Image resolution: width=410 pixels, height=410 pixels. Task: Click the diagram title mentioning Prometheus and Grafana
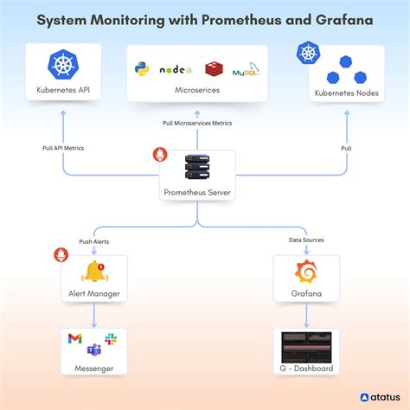pyautogui.click(x=205, y=19)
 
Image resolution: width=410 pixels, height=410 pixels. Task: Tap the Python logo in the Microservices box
pyautogui.click(x=142, y=68)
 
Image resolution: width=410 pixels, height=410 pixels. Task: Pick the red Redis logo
pyautogui.click(x=214, y=68)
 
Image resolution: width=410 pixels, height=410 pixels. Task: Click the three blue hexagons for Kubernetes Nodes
pyautogui.click(x=345, y=68)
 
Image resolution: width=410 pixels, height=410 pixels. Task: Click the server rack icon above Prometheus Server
pyautogui.click(x=198, y=167)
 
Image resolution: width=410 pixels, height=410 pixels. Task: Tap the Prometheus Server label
pyautogui.click(x=198, y=192)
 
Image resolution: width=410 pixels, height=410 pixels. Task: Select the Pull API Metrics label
pyautogui.click(x=63, y=148)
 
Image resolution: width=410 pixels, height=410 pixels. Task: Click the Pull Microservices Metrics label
pyautogui.click(x=198, y=124)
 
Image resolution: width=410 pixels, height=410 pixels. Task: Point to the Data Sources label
pyautogui.click(x=306, y=240)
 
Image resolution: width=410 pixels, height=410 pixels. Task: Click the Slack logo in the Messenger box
pyautogui.click(x=111, y=338)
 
